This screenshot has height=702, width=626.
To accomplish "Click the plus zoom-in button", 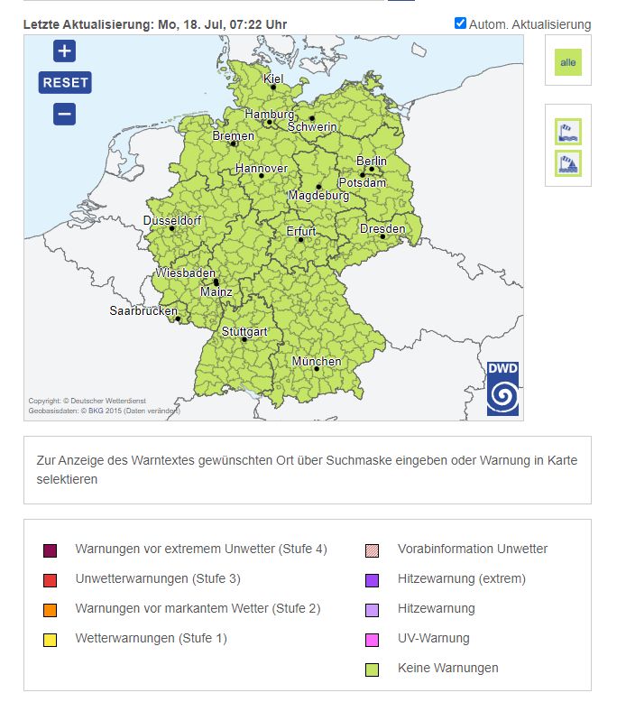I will [64, 51].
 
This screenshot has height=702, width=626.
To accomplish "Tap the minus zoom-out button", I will [64, 115].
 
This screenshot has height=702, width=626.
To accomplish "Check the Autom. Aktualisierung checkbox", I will [461, 23].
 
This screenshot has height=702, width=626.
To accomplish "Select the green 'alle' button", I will [567, 62].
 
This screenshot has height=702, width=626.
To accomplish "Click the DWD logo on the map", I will [502, 388].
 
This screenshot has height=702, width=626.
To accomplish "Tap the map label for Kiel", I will [272, 79].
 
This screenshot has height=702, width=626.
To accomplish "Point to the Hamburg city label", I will [269, 115].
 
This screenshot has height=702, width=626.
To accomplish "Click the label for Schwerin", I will [312, 127].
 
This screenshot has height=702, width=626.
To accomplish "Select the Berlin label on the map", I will [372, 161].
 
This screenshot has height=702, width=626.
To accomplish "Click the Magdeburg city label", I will [318, 196].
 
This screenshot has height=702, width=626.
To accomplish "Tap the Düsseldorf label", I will [172, 220].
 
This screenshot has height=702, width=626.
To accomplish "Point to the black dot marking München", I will [317, 368].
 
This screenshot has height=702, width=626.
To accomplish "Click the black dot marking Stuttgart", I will [244, 339].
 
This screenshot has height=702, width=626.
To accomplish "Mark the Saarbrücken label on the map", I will [143, 310].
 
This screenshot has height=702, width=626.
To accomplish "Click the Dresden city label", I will [382, 228].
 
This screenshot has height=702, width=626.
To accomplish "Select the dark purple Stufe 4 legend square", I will [50, 550].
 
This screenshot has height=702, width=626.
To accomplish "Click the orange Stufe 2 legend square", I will [50, 610].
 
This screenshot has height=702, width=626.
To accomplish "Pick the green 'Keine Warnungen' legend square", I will [372, 670].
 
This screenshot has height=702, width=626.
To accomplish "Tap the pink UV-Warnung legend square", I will [372, 640].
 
